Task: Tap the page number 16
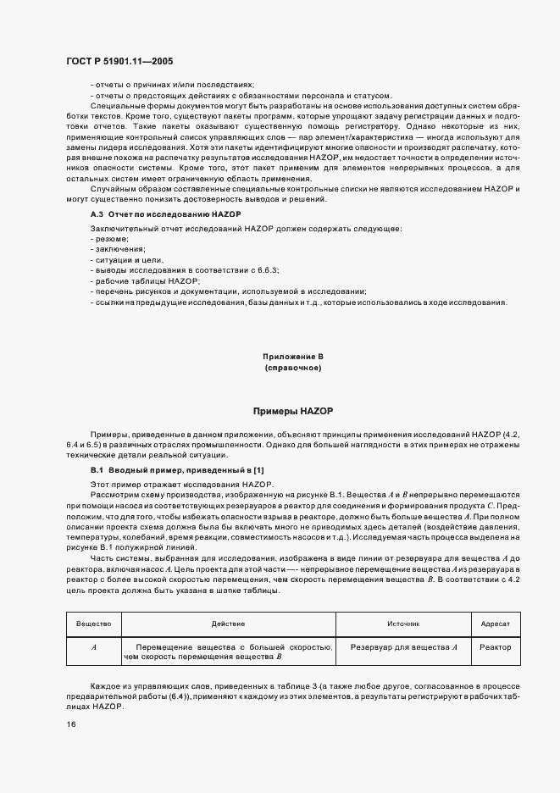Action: click(x=70, y=725)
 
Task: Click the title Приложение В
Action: click(x=293, y=358)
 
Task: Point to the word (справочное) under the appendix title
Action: click(x=293, y=369)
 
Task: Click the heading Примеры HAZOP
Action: click(x=293, y=410)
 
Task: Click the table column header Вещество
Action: click(x=94, y=624)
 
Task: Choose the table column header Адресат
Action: click(x=495, y=624)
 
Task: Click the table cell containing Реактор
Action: click(x=495, y=646)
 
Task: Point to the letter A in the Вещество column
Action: click(x=94, y=646)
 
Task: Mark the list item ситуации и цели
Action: click(x=123, y=260)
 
